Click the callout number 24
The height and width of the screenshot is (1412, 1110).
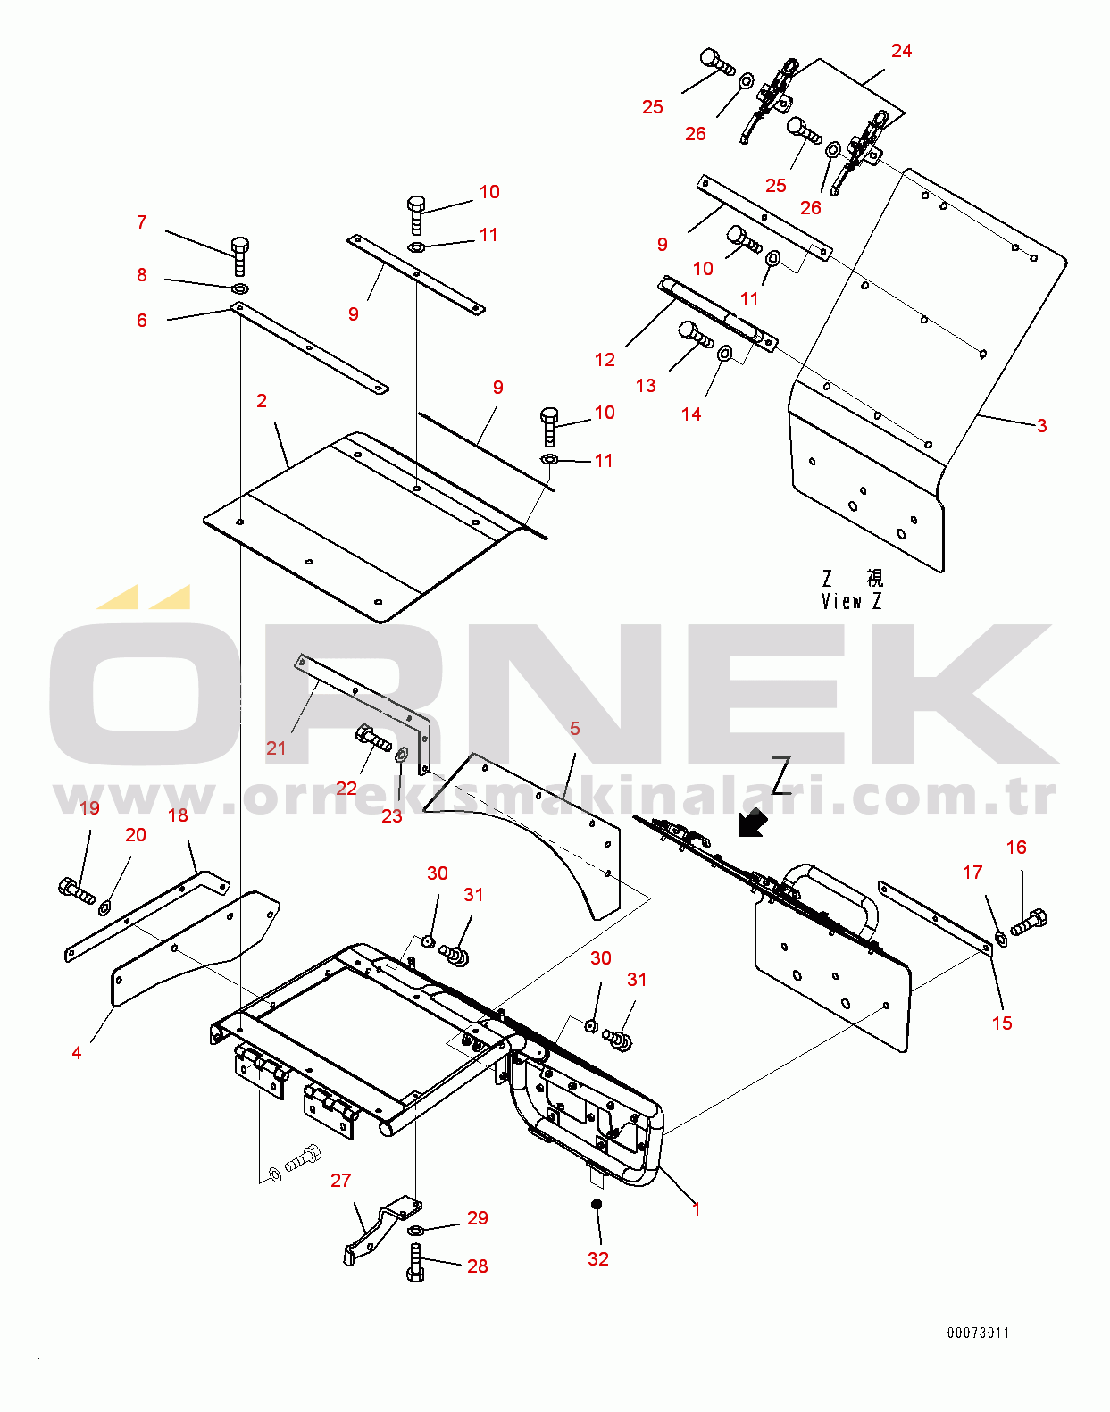coord(901,51)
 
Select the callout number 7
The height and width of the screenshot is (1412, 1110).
coord(142,222)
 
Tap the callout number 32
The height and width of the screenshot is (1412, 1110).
coord(598,1259)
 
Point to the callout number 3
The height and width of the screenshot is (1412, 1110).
coord(1041,426)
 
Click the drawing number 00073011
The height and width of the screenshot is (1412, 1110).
coord(978,1333)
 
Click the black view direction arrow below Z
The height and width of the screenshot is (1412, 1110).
coord(752,823)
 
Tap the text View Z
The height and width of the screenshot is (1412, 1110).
coord(851,601)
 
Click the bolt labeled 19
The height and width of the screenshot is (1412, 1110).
coord(76,890)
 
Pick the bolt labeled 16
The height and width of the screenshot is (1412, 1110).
coord(1029,922)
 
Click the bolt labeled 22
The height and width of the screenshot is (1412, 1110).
coord(373,739)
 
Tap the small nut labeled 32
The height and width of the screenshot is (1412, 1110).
coord(597,1204)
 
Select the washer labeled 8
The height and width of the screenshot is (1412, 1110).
coord(239,289)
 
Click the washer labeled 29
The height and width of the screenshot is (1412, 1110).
coord(416,1231)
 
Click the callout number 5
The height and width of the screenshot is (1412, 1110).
coord(574,729)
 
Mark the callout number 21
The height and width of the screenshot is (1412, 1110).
coord(276,748)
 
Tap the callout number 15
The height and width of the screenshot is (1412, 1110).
coord(1002,1023)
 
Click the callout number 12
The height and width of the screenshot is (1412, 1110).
coord(605,360)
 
